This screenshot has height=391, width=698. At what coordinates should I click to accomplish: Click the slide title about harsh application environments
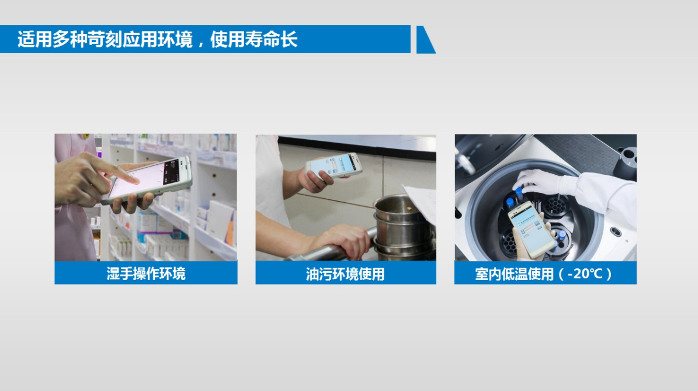pos(158,39)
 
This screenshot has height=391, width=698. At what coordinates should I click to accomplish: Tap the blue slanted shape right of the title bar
pos(425,40)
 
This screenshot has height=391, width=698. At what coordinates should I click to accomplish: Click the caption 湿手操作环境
pos(146,274)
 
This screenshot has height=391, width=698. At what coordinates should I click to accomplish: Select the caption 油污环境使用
pos(345,274)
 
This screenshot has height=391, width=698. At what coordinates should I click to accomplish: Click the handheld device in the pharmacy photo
pos(147,181)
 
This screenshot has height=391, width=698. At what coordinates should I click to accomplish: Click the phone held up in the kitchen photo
pos(334,165)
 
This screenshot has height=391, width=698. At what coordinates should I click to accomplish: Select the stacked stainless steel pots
pos(403,227)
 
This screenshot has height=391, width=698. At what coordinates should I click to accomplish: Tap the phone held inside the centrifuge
pos(532,229)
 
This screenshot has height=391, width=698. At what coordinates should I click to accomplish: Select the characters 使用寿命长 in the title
pos(253,39)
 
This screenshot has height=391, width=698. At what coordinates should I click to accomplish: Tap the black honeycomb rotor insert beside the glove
pos(555,206)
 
